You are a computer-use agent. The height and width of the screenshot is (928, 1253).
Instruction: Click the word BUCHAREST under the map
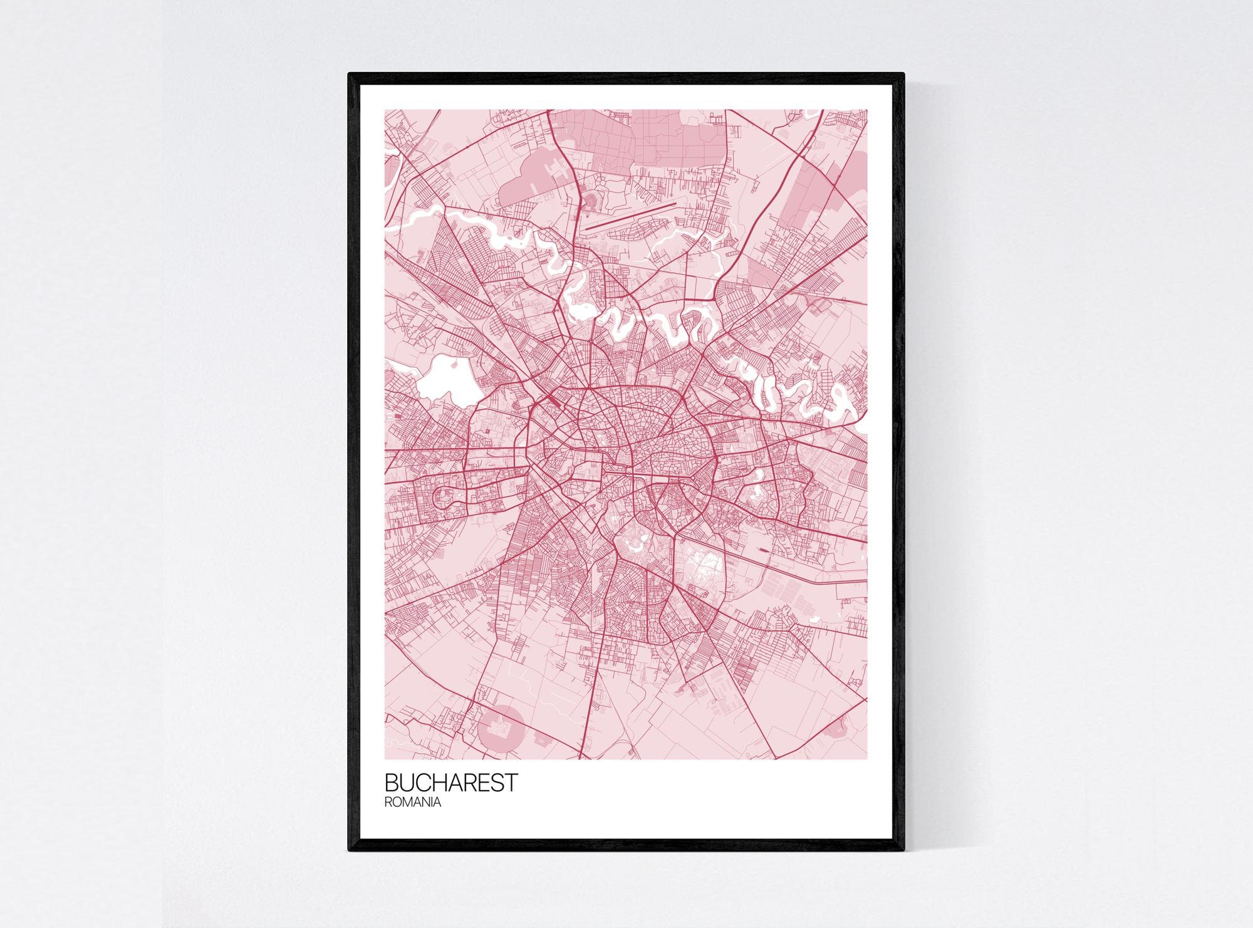click(x=451, y=783)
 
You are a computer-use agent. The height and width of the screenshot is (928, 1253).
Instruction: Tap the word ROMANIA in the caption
click(x=413, y=803)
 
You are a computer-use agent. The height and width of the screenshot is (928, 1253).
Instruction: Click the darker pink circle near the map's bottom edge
click(x=501, y=729)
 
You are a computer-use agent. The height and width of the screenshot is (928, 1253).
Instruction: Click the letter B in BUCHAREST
click(x=391, y=783)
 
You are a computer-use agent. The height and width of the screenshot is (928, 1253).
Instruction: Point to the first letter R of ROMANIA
click(x=388, y=803)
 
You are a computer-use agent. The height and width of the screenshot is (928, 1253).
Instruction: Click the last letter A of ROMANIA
click(x=437, y=803)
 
